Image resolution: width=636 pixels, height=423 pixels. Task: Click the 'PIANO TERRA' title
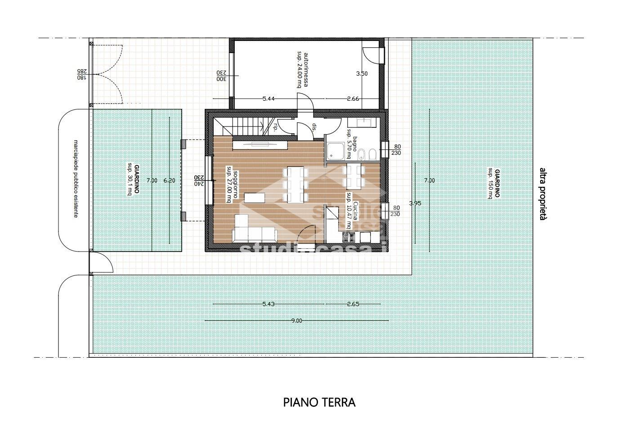319,402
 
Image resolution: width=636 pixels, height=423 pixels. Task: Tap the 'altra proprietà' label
543,194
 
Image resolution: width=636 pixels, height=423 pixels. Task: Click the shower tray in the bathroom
335,151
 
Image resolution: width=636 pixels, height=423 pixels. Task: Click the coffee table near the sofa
255,198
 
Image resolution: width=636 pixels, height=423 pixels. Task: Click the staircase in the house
243,126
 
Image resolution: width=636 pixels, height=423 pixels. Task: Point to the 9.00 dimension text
297,321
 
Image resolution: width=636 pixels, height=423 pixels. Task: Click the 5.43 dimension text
269,304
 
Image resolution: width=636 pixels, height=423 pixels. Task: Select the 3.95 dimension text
415,203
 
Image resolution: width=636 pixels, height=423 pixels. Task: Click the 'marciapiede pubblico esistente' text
76,179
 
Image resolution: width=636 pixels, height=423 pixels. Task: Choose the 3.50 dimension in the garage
362,73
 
